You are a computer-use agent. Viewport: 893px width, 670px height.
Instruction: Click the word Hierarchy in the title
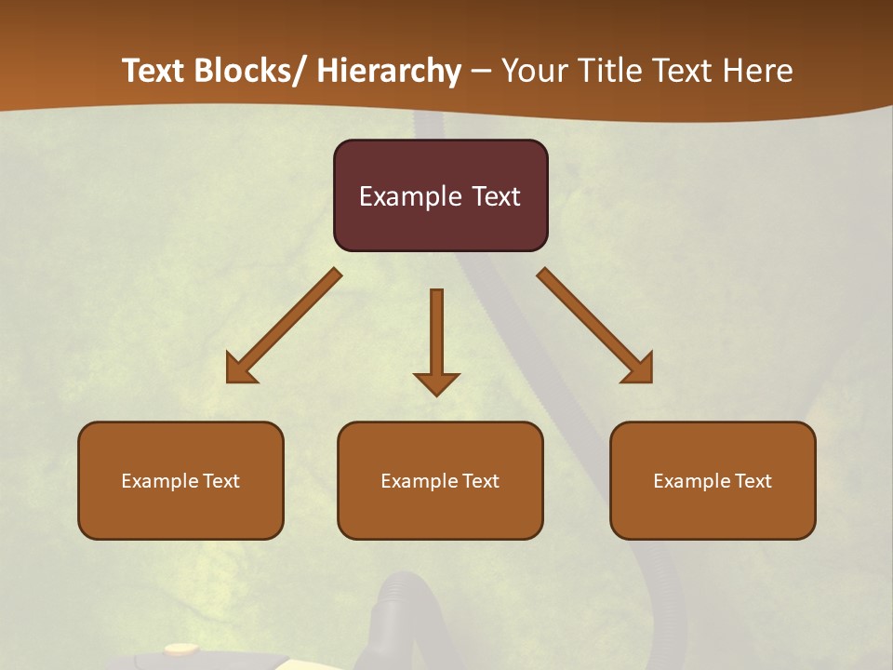389,71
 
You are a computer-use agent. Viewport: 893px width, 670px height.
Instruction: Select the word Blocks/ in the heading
252,71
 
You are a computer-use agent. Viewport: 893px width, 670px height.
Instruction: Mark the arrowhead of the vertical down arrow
436,382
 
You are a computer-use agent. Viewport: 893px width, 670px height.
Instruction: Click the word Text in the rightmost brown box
754,481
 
